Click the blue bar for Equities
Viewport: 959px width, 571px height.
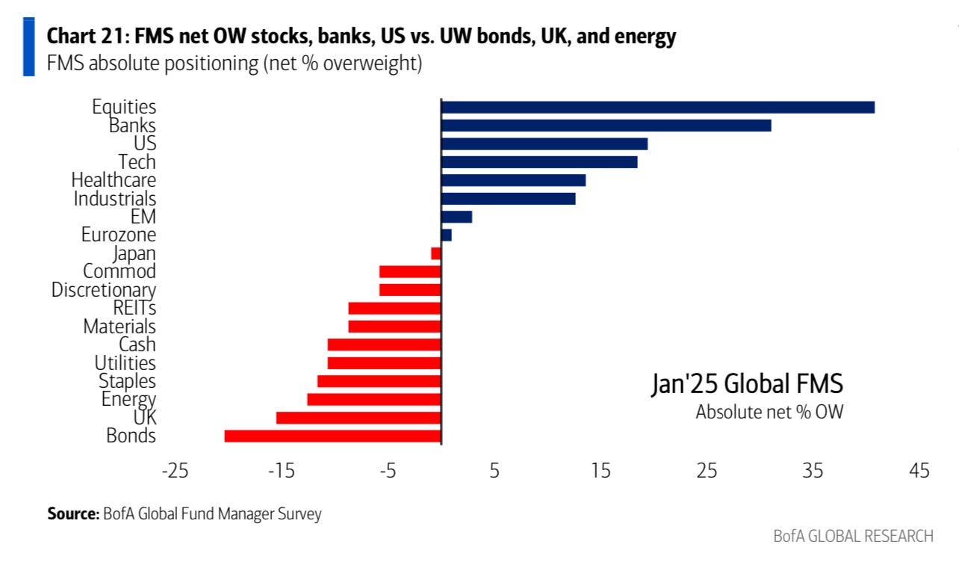(x=657, y=107)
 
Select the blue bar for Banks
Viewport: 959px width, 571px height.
(x=606, y=126)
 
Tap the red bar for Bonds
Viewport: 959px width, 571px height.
(x=332, y=436)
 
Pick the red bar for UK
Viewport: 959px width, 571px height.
(x=359, y=418)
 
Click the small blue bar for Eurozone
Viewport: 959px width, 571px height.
(x=447, y=235)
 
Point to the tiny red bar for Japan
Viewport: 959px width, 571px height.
(x=436, y=253)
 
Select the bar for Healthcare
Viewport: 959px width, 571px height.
(x=513, y=180)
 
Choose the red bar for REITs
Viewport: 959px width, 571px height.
(x=394, y=308)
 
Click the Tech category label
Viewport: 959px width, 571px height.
(x=137, y=162)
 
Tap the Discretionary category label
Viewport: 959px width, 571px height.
(x=104, y=290)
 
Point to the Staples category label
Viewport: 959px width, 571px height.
(x=128, y=381)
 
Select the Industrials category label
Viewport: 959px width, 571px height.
(x=115, y=199)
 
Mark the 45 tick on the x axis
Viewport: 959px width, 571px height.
(x=919, y=471)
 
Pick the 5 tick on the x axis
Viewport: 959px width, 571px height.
(x=494, y=471)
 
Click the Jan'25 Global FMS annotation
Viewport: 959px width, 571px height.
(x=747, y=384)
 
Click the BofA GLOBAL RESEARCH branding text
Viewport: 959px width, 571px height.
(x=853, y=536)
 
